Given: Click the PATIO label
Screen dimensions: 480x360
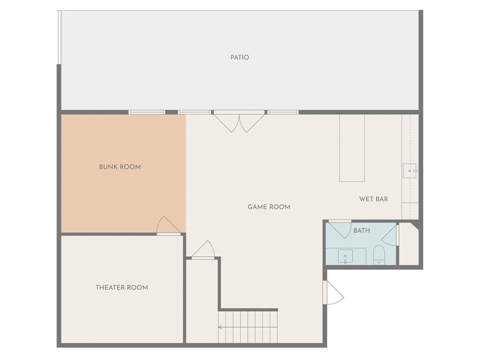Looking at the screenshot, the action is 240,57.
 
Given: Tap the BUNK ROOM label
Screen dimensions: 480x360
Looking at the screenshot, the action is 120,167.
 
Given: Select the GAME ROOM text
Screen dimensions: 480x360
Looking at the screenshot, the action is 269,207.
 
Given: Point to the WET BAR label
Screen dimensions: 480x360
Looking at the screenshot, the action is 373,199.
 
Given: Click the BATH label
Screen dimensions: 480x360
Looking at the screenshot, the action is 361,230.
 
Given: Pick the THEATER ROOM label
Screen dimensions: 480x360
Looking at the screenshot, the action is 122,288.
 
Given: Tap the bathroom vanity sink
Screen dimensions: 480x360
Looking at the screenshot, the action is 345,256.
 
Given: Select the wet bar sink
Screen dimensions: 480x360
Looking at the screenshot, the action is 410,171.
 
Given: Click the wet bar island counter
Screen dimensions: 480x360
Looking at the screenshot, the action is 352,148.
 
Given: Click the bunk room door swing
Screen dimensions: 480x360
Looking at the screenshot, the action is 168,225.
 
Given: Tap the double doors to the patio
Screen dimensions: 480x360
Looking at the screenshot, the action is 239,121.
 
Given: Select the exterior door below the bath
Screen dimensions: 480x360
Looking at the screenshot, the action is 333,293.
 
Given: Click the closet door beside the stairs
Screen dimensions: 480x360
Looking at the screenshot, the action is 203,250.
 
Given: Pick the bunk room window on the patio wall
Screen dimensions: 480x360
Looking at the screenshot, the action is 146,112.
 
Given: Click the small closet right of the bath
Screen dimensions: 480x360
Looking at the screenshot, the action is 408,244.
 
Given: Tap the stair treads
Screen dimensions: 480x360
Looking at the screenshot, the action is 248,327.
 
